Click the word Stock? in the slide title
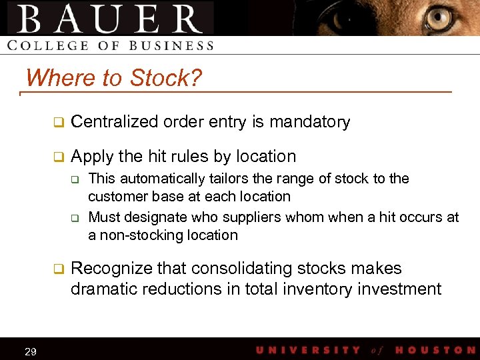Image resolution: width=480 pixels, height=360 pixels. (x=166, y=78)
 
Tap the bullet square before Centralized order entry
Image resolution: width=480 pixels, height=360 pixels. (x=58, y=122)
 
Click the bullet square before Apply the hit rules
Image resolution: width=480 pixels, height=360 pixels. (x=58, y=157)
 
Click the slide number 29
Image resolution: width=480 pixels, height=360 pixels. (x=30, y=351)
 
